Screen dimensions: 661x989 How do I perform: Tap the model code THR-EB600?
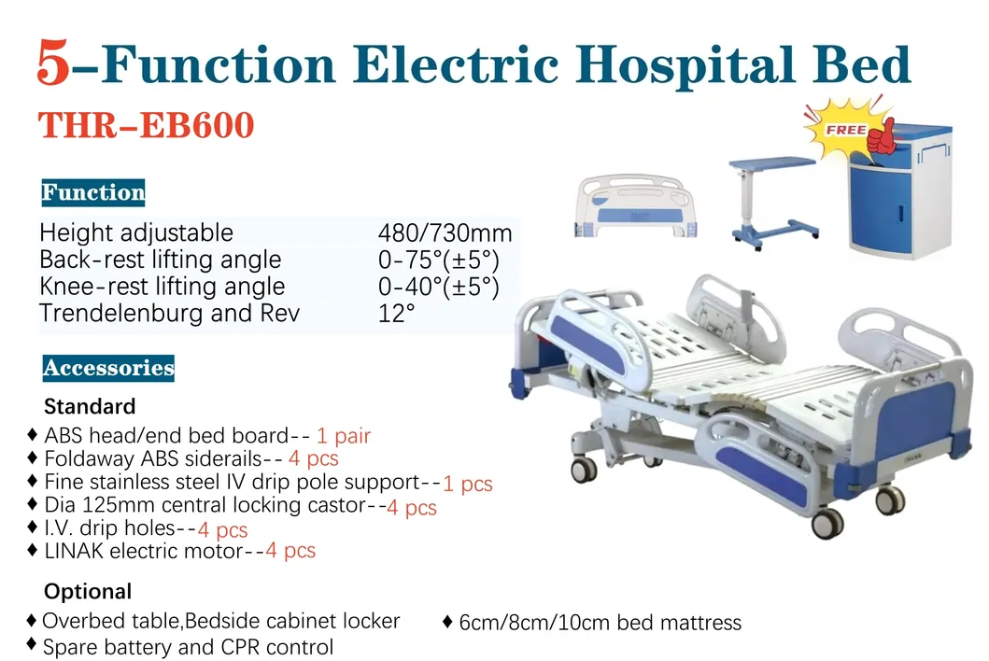click(x=146, y=125)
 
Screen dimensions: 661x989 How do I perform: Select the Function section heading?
click(x=92, y=193)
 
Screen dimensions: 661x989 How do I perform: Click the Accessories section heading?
click(x=108, y=368)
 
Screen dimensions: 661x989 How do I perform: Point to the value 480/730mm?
click(x=445, y=233)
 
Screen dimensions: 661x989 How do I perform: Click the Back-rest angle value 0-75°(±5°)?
click(x=438, y=260)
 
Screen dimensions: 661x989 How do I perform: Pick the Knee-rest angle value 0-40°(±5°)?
click(x=438, y=287)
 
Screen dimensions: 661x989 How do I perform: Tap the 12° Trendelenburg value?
click(x=396, y=314)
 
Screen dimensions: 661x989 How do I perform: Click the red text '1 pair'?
click(x=344, y=436)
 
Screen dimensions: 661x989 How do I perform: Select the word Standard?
click(x=90, y=406)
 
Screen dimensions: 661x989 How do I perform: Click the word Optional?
click(x=88, y=591)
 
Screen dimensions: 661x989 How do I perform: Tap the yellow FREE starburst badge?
click(x=843, y=130)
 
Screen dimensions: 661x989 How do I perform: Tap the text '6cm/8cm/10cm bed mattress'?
click(x=600, y=623)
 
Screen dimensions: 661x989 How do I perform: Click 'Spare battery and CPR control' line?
click(x=188, y=646)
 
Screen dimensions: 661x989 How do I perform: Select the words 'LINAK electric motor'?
click(x=143, y=551)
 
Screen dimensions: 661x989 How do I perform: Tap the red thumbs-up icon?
click(x=882, y=137)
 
